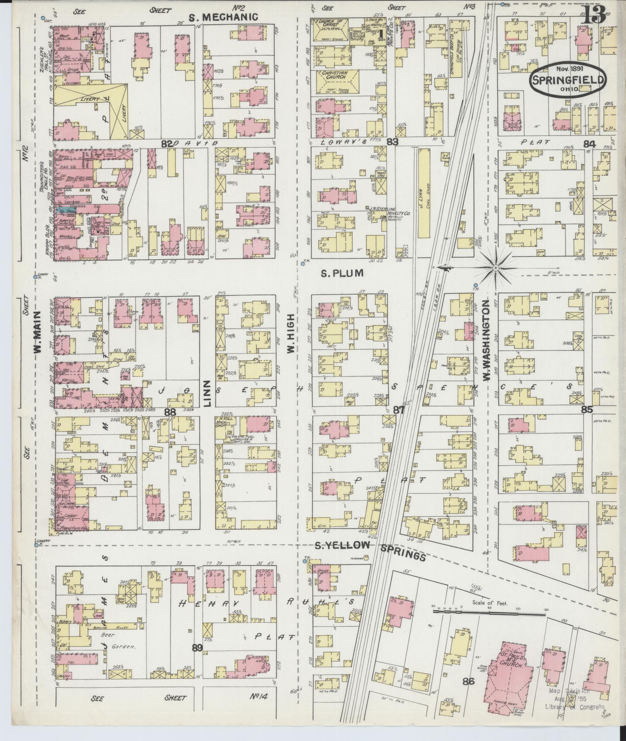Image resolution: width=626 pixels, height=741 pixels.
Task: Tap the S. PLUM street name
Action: [x=342, y=273]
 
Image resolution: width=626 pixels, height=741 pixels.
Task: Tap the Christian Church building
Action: [x=333, y=82]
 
